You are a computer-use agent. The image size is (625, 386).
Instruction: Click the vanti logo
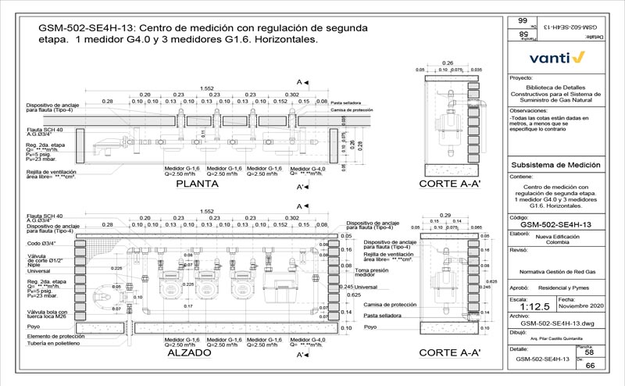pyautogui.click(x=557, y=57)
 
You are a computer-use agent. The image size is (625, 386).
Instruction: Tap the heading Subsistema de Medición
pyautogui.click(x=554, y=166)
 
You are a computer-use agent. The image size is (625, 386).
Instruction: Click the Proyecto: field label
pyautogui.click(x=521, y=79)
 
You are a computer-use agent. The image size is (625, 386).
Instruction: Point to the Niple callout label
pyautogui.click(x=34, y=266)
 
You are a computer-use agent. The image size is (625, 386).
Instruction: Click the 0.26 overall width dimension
pyautogui.click(x=448, y=63)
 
